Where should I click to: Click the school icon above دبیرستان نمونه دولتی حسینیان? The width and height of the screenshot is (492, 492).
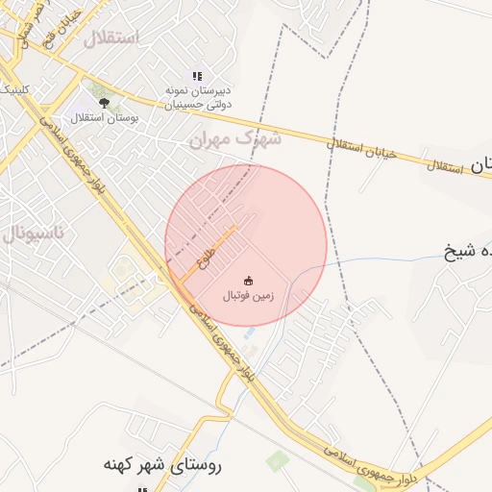pos(197,76)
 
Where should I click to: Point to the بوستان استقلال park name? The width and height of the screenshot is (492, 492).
pos(109,117)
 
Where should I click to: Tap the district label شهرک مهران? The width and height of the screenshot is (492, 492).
pos(234,140)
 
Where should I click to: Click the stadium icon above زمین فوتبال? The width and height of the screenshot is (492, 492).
pos(248,282)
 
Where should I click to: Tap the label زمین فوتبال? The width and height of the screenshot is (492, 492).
pos(248,297)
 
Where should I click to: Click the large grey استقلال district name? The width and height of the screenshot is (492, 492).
pos(111,38)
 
